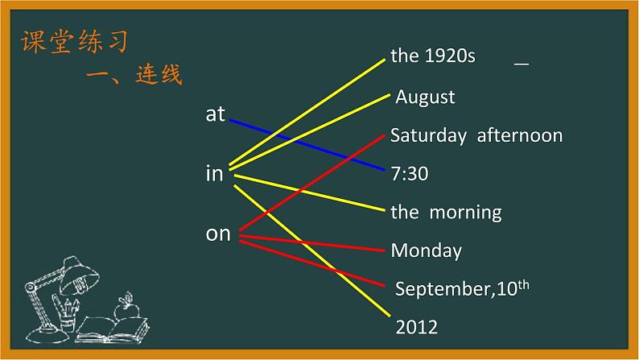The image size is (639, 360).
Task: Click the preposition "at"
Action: click(x=215, y=114)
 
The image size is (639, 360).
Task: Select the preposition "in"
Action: click(x=215, y=173)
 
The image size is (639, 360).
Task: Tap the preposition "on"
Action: click(x=218, y=234)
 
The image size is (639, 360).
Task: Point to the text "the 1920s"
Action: click(x=433, y=56)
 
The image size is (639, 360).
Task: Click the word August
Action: click(x=425, y=97)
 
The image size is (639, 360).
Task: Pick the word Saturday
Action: click(x=428, y=136)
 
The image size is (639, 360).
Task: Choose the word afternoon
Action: click(x=520, y=135)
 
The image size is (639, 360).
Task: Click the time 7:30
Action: click(x=410, y=174)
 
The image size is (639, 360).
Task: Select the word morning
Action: click(x=465, y=213)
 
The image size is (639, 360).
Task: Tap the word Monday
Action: click(x=427, y=250)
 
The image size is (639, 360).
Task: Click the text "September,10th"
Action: click(x=462, y=288)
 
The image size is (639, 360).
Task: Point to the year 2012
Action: click(x=417, y=327)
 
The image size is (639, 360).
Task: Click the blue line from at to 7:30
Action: click(x=307, y=145)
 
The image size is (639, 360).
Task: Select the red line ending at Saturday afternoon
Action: click(x=311, y=183)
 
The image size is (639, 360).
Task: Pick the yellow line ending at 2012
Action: click(x=311, y=250)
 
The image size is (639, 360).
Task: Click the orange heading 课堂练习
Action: click(x=75, y=41)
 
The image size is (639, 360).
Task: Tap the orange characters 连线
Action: click(x=159, y=74)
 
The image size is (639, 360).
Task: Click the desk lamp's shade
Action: click(x=79, y=276)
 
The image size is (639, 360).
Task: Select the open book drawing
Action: click(x=113, y=330)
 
